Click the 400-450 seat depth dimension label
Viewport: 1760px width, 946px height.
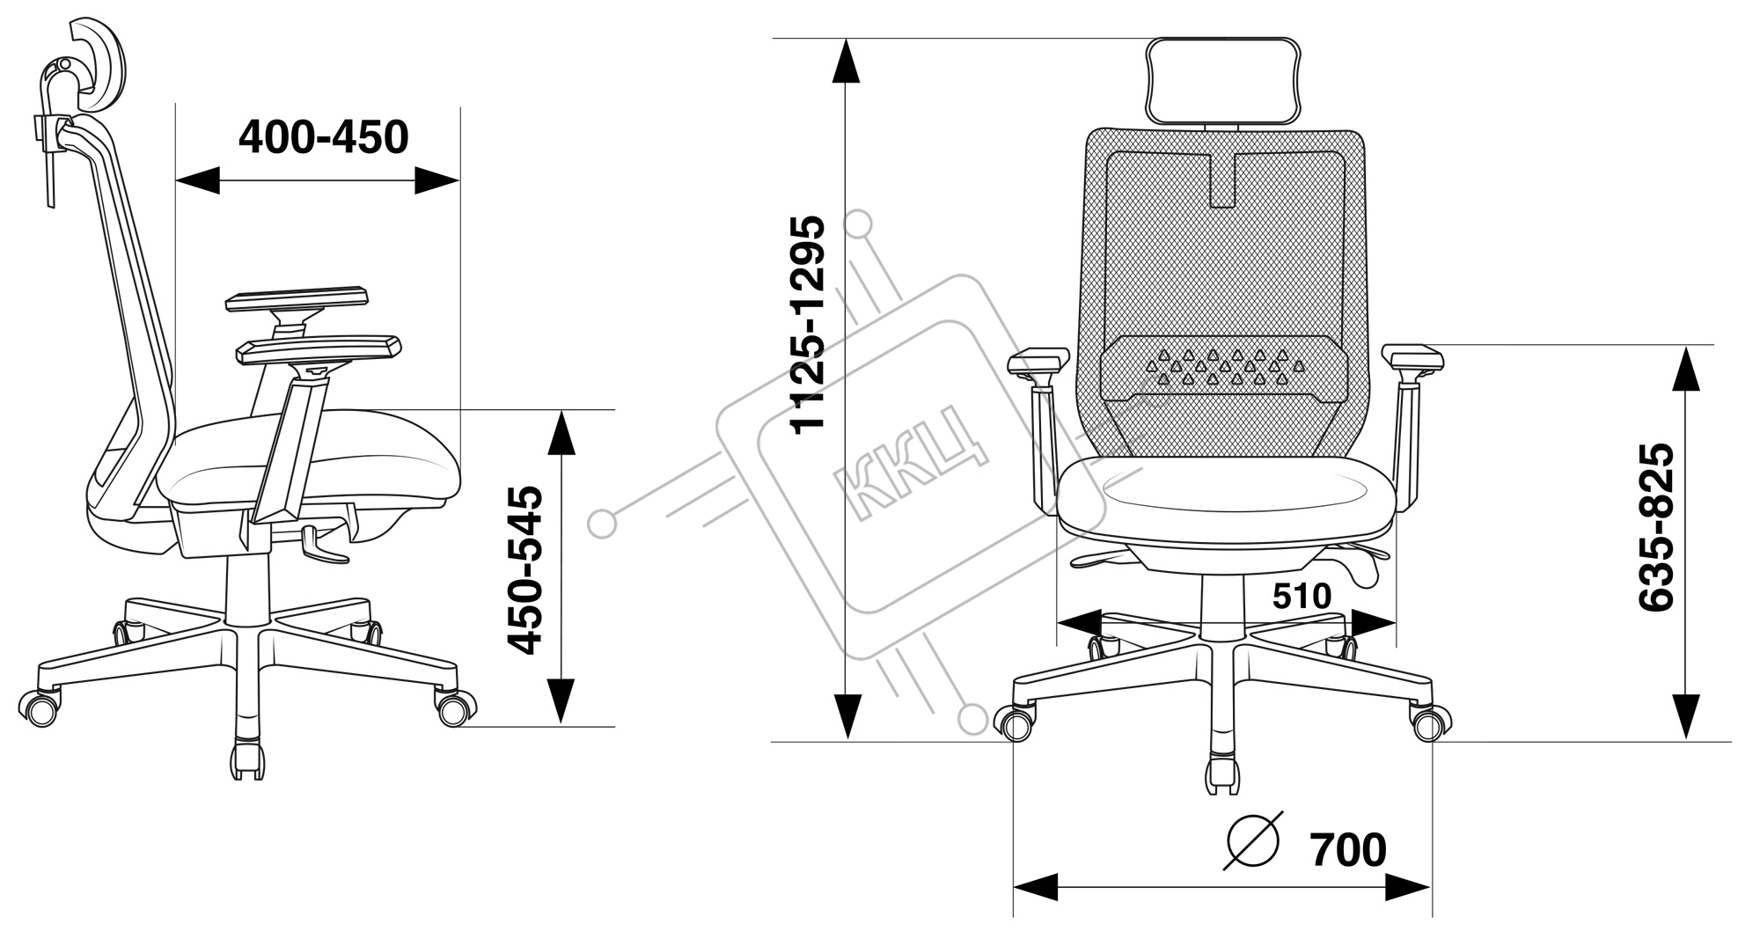click(x=324, y=137)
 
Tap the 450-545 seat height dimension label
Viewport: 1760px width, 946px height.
click(x=526, y=570)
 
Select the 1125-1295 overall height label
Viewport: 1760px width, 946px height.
click(x=807, y=323)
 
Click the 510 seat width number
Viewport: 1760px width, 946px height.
click(x=1302, y=597)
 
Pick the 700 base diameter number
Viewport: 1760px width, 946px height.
click(x=1347, y=850)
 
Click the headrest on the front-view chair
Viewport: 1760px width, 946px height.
click(x=1223, y=80)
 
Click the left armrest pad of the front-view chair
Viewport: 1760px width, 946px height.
click(x=1038, y=361)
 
